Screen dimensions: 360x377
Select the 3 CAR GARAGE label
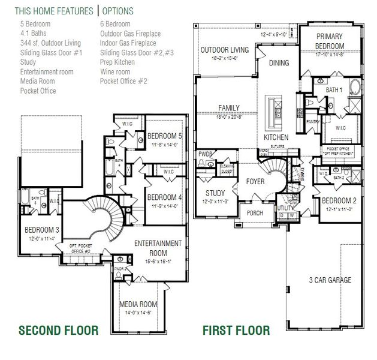(x=330, y=280)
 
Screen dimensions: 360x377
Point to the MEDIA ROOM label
(x=138, y=304)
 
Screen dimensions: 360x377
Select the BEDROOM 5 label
(x=164, y=136)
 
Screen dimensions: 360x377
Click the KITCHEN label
(x=276, y=137)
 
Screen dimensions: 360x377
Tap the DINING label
(x=279, y=63)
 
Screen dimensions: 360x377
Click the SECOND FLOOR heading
(x=58, y=330)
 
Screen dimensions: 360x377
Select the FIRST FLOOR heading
(x=236, y=330)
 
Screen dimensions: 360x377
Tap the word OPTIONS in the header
(x=118, y=11)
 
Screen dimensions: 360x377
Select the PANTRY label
(x=312, y=121)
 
